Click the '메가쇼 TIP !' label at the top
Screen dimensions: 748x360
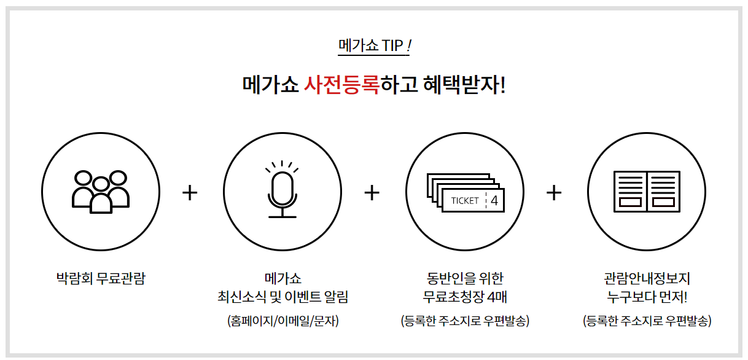(x=374, y=45)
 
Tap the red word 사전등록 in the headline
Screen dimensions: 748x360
(x=341, y=84)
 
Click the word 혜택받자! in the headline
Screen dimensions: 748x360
(x=464, y=84)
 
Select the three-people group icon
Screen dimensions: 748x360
(x=101, y=192)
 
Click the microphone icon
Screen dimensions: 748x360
(x=282, y=191)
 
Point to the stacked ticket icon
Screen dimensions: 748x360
(x=465, y=192)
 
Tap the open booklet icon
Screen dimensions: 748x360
(x=646, y=192)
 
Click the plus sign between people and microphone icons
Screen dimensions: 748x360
(x=190, y=192)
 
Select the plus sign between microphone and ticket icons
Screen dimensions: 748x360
(x=372, y=192)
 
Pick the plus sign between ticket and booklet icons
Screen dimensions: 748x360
(x=554, y=192)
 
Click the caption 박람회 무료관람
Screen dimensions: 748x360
(x=101, y=278)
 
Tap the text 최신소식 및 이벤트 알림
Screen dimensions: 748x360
(x=282, y=298)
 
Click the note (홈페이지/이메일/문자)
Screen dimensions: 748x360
(x=282, y=321)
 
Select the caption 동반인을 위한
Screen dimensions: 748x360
(x=465, y=278)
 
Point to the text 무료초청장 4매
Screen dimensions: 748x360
(x=465, y=298)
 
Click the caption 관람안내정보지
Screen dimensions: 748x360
(x=647, y=278)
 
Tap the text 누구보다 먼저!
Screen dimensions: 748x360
(x=647, y=298)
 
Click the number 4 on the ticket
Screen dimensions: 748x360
(x=494, y=201)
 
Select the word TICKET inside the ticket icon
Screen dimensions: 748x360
(x=465, y=201)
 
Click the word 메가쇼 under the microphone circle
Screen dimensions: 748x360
(x=282, y=278)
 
